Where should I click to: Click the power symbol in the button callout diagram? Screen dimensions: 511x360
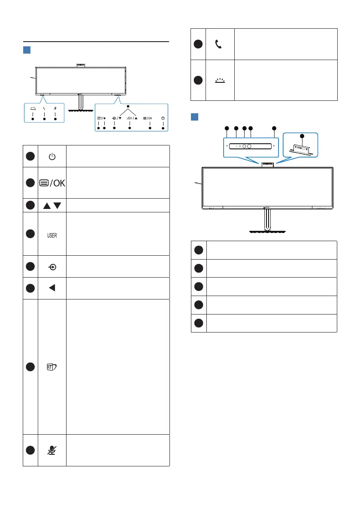coord(163,118)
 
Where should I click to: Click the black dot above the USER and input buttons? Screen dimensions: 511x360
coord(127,106)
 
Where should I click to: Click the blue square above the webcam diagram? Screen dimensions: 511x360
coord(194,117)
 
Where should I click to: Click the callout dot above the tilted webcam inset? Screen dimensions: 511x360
coord(302,136)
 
